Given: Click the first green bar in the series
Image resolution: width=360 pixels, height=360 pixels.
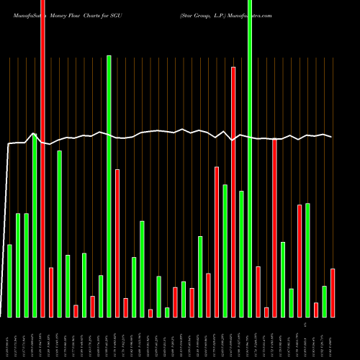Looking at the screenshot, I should (9, 281).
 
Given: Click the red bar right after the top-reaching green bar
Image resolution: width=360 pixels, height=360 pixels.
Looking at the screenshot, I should (258, 292).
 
